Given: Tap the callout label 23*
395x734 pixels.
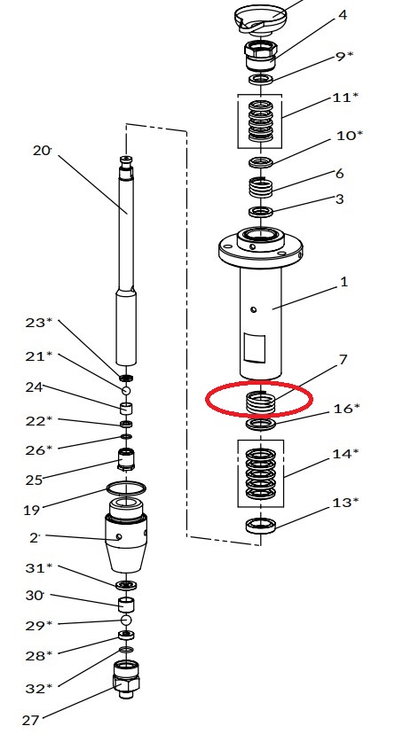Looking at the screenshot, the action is click(39, 322).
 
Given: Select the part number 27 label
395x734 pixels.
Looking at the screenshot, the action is click(30, 720).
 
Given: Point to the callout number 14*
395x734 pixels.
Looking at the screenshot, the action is click(346, 453).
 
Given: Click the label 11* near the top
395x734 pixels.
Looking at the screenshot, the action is click(345, 98).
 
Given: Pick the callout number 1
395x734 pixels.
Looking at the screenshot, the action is click(344, 282).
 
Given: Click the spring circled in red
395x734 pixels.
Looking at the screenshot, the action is click(260, 402).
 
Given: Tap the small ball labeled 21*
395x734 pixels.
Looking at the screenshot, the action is click(125, 390).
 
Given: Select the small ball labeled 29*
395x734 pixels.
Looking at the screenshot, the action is click(125, 620).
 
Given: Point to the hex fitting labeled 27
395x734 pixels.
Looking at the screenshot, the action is click(126, 678).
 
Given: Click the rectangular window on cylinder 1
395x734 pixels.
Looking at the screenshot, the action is click(254, 348).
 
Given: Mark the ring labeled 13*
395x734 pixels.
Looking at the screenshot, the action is click(260, 526).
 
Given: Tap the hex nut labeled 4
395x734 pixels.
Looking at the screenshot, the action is click(260, 55).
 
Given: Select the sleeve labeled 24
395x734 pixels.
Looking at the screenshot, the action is click(126, 408).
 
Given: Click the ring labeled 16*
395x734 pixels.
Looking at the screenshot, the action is click(260, 424).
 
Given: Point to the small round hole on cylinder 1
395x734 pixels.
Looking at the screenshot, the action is click(254, 309).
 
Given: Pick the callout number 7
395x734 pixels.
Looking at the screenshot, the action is click(343, 360).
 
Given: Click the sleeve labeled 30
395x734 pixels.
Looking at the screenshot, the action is click(126, 605).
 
